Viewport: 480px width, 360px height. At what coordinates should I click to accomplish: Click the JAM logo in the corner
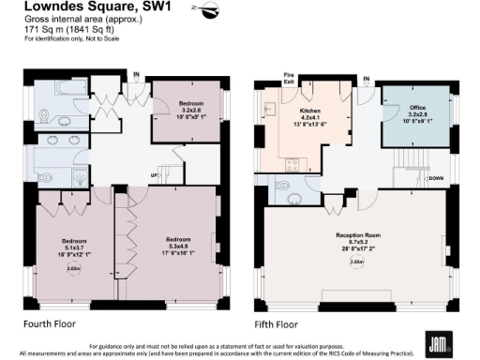pyautogui.click(x=435, y=341)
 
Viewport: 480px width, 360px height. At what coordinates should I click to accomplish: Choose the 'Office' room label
pyautogui.click(x=417, y=111)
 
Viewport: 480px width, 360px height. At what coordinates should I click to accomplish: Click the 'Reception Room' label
pyautogui.click(x=357, y=235)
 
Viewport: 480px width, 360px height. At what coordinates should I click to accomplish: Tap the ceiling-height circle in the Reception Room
pyautogui.click(x=356, y=262)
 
